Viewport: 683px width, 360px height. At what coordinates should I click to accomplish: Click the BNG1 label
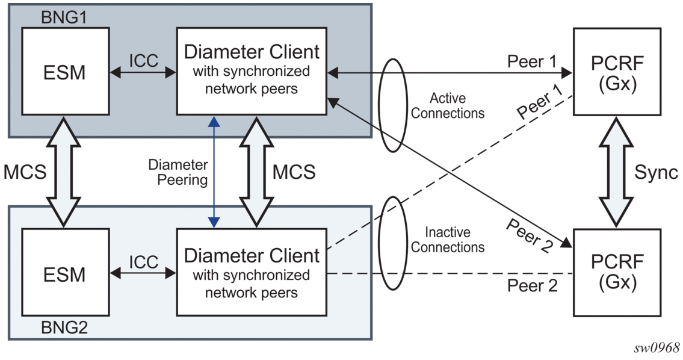coord(63,17)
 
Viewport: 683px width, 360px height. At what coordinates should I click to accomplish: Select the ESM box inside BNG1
coord(64,72)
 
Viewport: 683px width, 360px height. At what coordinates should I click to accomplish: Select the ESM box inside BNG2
coord(64,274)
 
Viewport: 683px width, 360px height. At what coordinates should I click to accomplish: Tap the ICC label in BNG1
coord(143,60)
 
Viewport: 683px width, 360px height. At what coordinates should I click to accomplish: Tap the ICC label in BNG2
coord(143,262)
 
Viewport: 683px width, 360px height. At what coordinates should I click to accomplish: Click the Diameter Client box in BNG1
coord(251,70)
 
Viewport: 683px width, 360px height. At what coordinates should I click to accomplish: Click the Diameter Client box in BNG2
coord(251,273)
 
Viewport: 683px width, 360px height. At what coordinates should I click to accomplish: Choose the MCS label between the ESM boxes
coord(25,173)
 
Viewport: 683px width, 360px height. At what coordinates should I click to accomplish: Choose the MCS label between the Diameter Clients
coord(294,172)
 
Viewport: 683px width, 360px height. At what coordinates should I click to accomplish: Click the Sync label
coord(656,172)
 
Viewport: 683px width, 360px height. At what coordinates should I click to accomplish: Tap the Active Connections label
coord(448,105)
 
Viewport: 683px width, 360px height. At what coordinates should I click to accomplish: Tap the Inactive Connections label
coord(448,240)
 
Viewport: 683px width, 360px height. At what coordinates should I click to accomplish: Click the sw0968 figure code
coord(657,347)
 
